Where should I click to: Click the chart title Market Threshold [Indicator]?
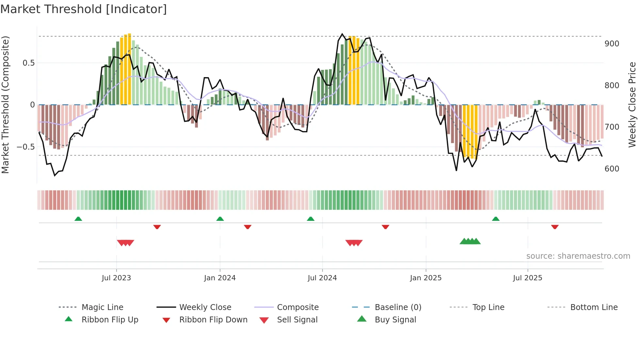coord(84,9)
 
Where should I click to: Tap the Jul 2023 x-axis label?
coord(116,278)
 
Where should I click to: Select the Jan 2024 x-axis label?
coord(220,278)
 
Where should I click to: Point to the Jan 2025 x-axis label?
coord(426,278)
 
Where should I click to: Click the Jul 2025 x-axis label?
coord(528,278)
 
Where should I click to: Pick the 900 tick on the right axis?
coord(612,44)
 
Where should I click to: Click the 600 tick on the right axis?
coord(612,169)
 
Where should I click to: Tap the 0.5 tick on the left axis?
coord(28,63)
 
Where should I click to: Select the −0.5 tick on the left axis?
coord(26,147)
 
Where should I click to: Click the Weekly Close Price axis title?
coord(632,105)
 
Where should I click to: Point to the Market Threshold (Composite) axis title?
coord(6,105)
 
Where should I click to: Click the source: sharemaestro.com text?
coord(578,256)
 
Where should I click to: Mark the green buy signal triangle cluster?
coord(470,241)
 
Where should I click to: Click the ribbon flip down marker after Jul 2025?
coord(555,227)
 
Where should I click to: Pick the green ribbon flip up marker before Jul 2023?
coord(78,219)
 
